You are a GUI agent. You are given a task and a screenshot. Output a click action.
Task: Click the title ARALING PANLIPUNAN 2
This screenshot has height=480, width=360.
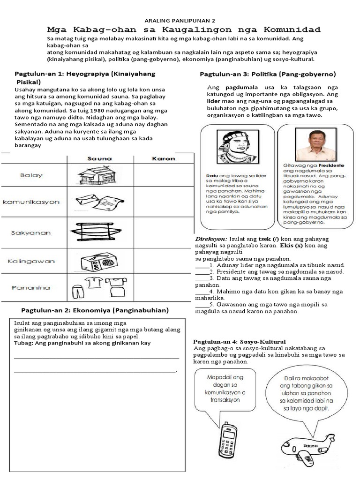[x=180, y=21]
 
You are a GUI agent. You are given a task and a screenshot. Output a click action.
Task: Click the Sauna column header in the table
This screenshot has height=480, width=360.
[x=100, y=158]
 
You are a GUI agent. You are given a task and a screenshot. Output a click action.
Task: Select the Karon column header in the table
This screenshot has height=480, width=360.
[x=164, y=158]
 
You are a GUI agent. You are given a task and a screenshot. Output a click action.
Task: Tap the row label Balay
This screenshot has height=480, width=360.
[x=31, y=175]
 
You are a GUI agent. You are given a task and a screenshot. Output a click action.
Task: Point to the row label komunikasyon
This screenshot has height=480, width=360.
[x=31, y=202]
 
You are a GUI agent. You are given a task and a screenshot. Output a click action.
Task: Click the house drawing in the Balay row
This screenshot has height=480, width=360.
[x=97, y=175]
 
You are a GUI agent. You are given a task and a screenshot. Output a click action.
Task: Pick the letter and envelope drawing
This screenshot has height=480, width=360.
[x=99, y=202]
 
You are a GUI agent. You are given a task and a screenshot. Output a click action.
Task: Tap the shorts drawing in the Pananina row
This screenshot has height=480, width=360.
[x=77, y=291]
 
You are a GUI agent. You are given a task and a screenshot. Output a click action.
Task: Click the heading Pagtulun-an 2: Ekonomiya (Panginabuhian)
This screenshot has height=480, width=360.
[x=95, y=310]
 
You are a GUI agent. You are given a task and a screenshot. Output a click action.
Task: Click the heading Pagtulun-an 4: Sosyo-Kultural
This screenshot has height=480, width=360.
[x=240, y=341]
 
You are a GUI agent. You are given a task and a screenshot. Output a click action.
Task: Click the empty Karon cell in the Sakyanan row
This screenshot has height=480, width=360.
[x=164, y=232]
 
